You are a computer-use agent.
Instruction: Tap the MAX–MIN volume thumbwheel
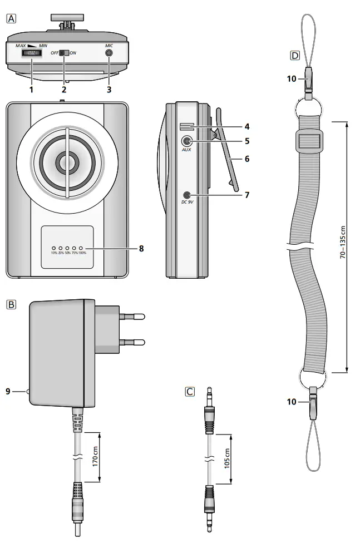click(31, 53)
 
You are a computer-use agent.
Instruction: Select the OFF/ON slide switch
click(63, 53)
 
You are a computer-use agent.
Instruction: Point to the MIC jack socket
click(109, 53)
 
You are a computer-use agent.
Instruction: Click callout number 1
click(31, 89)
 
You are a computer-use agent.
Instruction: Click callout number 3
click(109, 89)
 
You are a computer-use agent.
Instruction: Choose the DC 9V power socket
click(187, 195)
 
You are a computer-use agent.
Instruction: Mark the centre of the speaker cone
click(67, 162)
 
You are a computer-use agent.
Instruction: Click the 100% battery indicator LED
click(81, 248)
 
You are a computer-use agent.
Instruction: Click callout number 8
click(141, 249)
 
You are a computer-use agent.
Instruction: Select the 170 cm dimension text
click(95, 456)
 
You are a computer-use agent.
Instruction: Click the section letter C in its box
click(190, 392)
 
